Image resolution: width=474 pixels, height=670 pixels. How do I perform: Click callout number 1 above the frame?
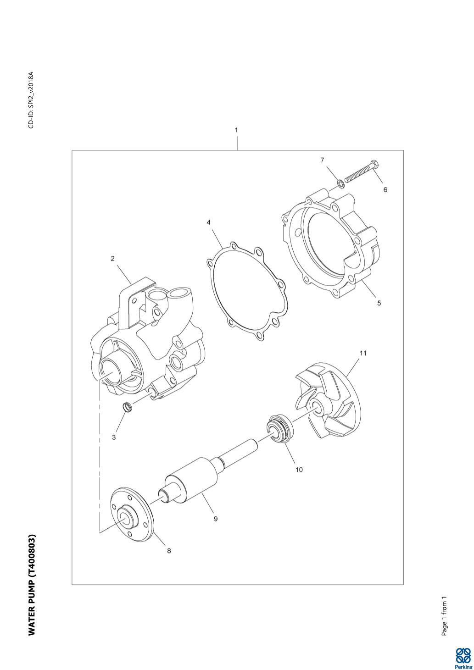(236, 130)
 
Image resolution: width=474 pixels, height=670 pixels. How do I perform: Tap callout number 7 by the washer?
(322, 161)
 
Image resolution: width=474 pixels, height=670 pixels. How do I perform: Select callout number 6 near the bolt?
(385, 190)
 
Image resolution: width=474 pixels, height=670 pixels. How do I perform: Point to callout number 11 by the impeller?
(363, 353)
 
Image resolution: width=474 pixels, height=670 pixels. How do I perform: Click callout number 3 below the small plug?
(114, 437)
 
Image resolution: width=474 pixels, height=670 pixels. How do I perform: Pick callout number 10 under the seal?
(299, 470)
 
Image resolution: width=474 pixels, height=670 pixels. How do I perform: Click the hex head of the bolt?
(374, 165)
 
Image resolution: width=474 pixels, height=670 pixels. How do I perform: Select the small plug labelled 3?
(128, 408)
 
